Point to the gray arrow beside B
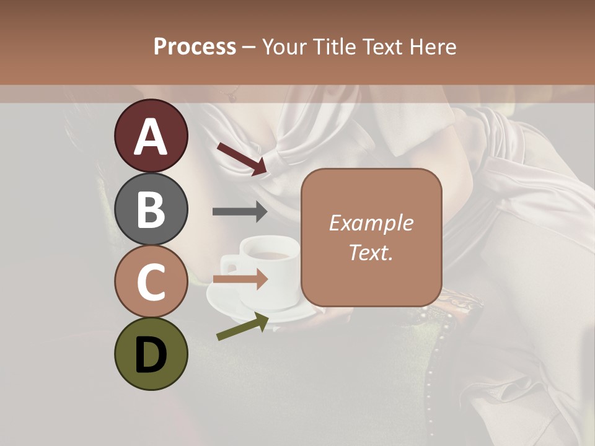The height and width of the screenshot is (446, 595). point(240,211)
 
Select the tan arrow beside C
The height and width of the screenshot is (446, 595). point(240,279)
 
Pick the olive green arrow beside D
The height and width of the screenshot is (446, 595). point(242,327)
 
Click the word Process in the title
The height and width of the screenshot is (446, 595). point(195,46)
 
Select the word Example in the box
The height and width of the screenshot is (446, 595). point(371,223)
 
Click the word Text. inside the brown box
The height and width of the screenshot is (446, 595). point(371,252)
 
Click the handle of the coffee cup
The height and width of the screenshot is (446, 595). point(229,265)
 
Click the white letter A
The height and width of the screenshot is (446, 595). point(151,136)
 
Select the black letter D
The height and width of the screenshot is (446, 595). point(151,355)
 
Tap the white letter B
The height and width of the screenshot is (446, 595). point(151,209)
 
